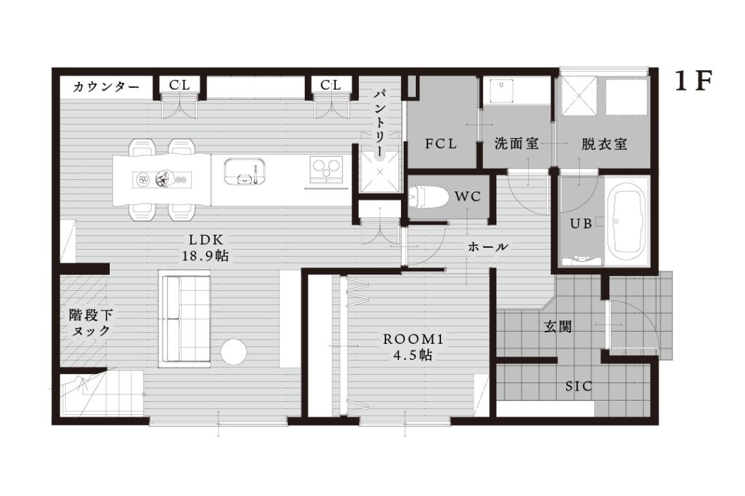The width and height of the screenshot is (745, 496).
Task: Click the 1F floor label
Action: (694, 82)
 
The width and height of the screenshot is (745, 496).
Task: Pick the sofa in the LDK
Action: (186, 318)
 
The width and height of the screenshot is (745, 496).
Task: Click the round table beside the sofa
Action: (233, 352)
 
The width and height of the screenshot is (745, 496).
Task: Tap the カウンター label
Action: (106, 87)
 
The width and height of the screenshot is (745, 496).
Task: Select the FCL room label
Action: (441, 143)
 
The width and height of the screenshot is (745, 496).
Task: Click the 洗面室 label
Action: (517, 143)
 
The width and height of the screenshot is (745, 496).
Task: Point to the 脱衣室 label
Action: (604, 144)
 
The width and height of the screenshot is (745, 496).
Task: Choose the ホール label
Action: (488, 247)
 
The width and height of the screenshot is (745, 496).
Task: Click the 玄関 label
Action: (558, 327)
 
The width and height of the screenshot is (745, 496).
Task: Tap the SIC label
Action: (578, 386)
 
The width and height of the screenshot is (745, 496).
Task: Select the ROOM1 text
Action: (413, 340)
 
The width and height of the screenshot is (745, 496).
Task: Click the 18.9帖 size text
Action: (205, 256)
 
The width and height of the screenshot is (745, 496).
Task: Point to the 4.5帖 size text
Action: (413, 355)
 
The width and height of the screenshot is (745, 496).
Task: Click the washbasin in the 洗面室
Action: (501, 91)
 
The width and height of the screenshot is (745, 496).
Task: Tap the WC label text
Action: (467, 196)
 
